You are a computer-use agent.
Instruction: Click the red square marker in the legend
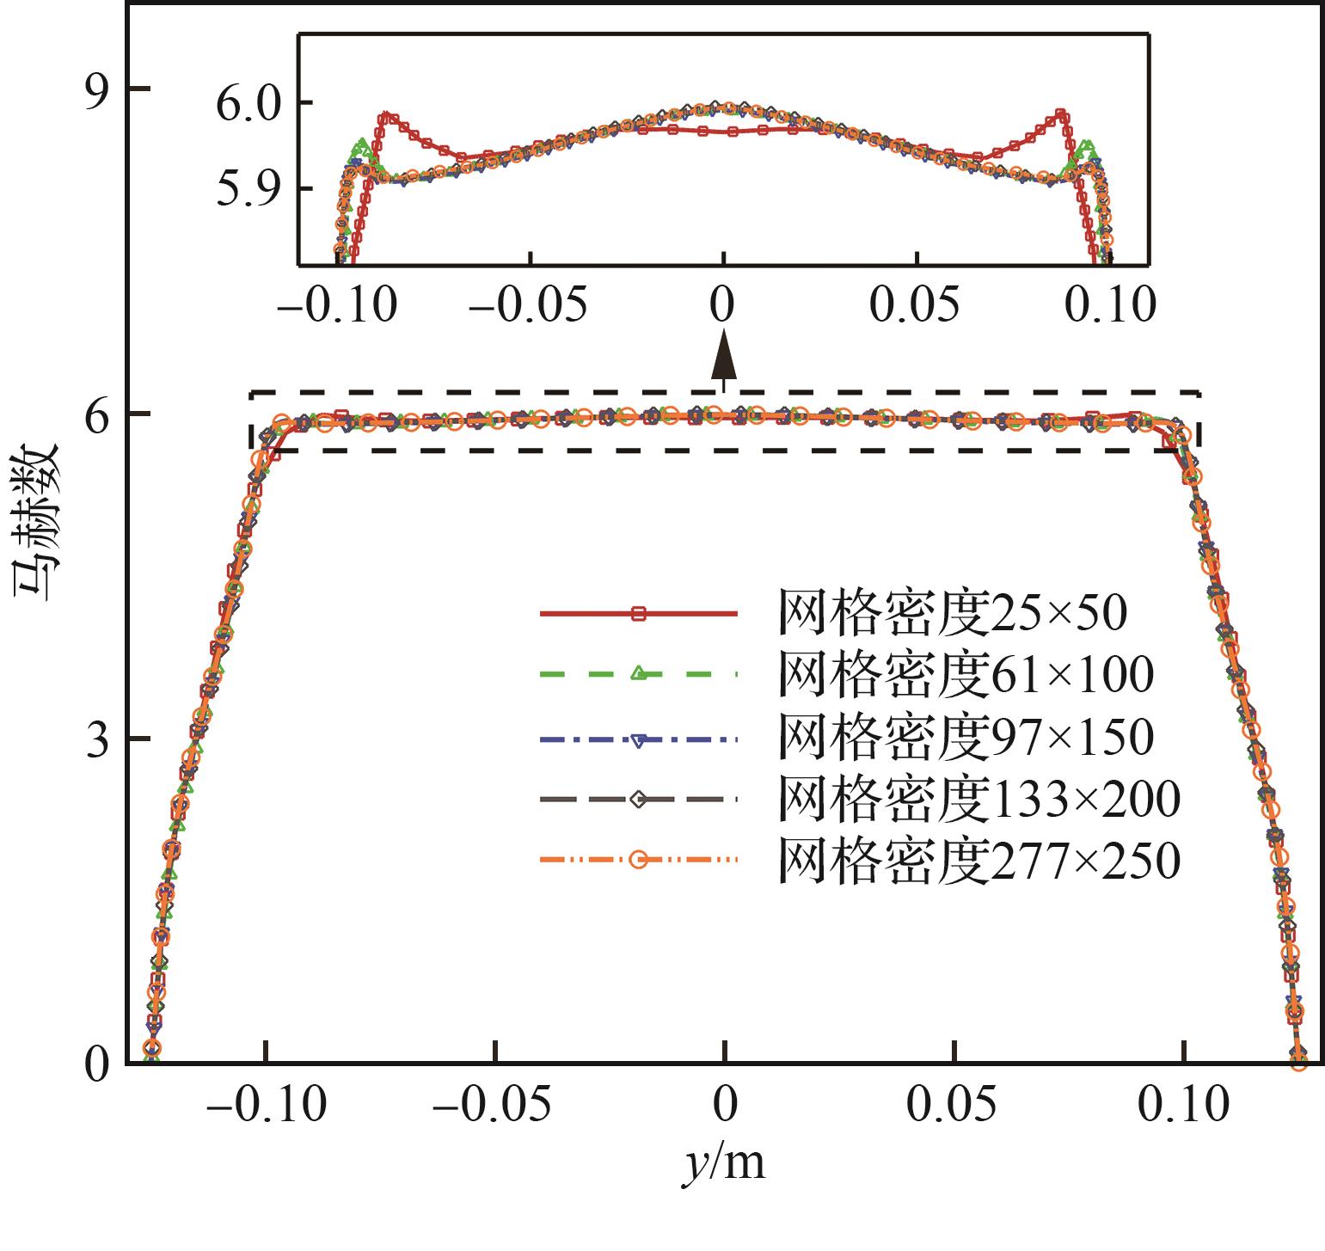coord(638,614)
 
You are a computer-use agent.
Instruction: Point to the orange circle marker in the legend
coord(638,859)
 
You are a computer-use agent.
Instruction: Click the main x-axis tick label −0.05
coord(494,1104)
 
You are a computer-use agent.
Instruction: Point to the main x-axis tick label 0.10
coord(1183,1104)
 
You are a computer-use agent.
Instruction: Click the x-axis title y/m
coord(725,1162)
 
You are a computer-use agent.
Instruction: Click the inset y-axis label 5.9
coord(248,188)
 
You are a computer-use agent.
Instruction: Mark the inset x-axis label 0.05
coord(917,304)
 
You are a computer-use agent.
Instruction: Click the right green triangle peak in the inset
coord(1087,147)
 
